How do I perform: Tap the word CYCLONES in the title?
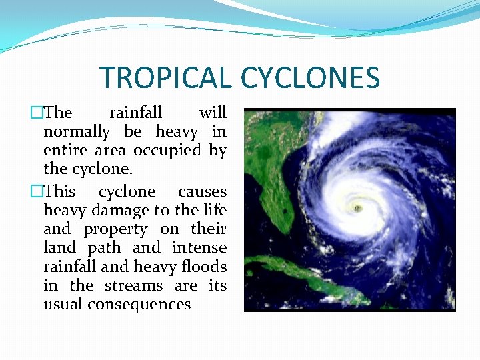(x=310, y=77)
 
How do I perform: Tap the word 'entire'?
(x=63, y=151)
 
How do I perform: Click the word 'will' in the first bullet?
(x=213, y=113)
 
